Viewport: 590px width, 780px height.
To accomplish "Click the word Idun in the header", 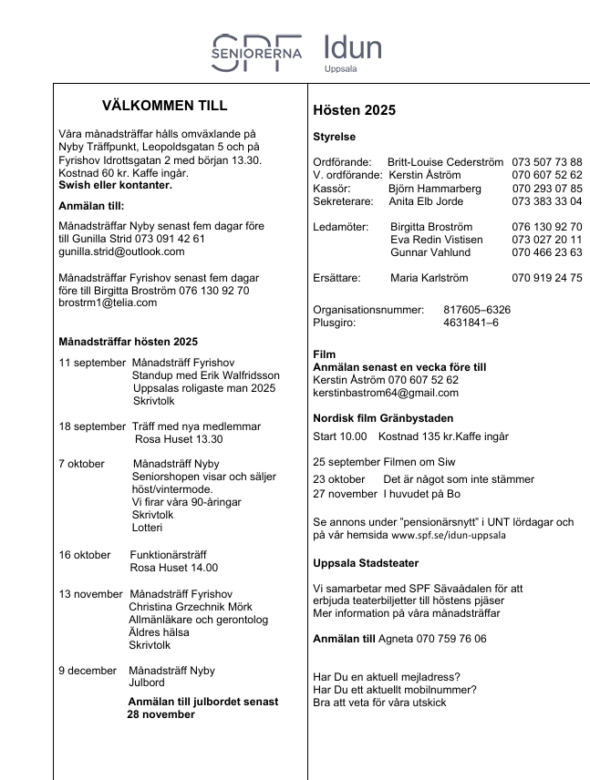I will point(353,47).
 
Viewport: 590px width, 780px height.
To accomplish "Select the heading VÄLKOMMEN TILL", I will point(165,106).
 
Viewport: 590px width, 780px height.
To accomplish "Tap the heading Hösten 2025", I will point(354,110).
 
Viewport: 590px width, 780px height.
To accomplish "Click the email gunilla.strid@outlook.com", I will point(121,251).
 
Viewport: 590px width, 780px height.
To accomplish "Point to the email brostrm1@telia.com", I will point(108,303).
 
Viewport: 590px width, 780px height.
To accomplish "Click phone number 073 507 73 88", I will point(546,162).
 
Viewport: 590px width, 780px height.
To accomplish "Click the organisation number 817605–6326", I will point(477,310).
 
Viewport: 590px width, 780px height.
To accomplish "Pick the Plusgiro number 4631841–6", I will point(471,323).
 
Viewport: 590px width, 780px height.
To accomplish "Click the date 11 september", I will point(92,363).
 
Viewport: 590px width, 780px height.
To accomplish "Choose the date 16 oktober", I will point(85,554).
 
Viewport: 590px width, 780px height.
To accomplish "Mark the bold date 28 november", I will point(160,715).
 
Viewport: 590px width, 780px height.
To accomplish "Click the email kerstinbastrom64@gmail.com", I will point(386,393).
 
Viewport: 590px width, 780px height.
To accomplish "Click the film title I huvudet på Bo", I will point(422,493).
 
